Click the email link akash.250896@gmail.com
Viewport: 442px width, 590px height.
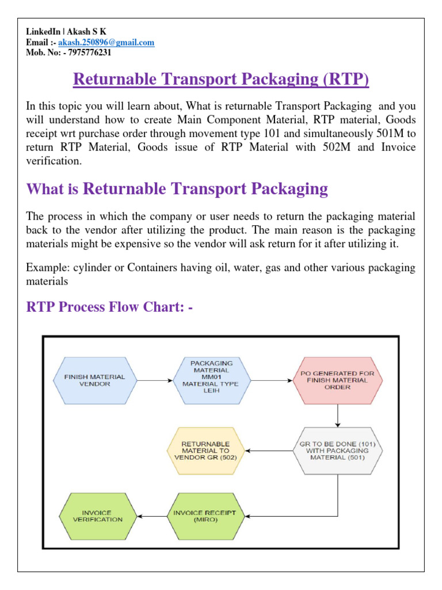click(120, 43)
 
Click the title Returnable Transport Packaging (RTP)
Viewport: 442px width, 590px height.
click(221, 78)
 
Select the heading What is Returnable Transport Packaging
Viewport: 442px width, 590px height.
click(177, 188)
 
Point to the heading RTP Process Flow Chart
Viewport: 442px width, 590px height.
click(109, 307)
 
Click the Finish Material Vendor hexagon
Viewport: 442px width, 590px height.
click(97, 380)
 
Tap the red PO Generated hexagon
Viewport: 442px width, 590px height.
click(337, 380)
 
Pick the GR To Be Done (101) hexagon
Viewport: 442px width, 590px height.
click(337, 451)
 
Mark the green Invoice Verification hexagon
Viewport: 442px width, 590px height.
click(97, 516)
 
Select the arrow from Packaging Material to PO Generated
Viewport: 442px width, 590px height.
click(270, 380)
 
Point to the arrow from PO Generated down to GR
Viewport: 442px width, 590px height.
click(337, 415)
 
